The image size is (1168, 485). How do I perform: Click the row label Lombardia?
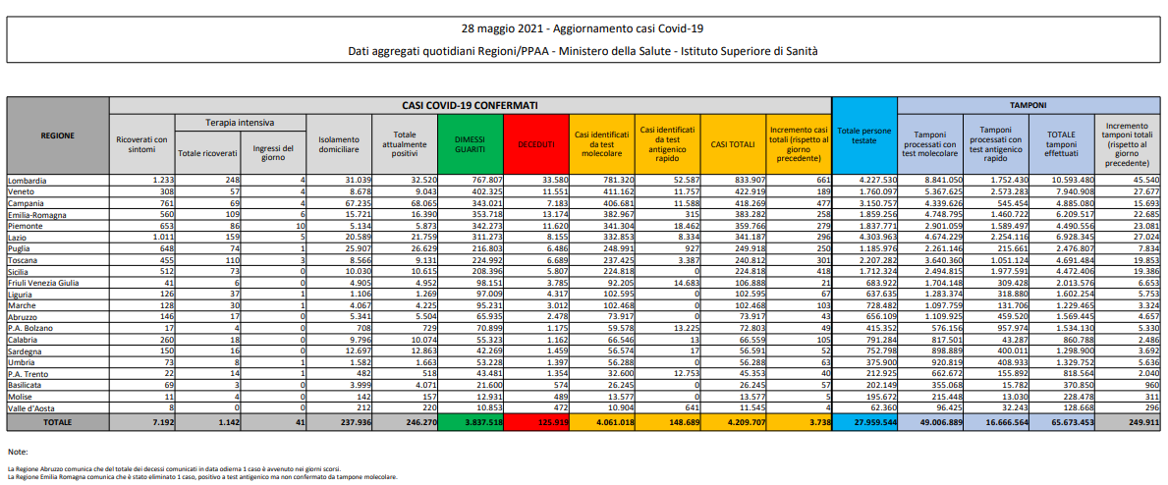(x=28, y=180)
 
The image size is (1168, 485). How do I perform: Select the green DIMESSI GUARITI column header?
(x=470, y=144)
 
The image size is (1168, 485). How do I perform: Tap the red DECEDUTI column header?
(x=535, y=144)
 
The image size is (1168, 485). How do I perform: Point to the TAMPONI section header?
(x=1029, y=104)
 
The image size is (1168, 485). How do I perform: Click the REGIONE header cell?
(x=58, y=136)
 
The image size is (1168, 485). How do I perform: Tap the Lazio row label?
(x=20, y=237)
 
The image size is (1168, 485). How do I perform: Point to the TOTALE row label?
(x=58, y=421)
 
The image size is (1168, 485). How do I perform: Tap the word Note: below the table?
(x=18, y=452)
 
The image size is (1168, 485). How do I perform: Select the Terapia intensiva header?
(x=241, y=123)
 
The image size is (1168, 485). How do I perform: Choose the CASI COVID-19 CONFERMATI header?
(x=470, y=104)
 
